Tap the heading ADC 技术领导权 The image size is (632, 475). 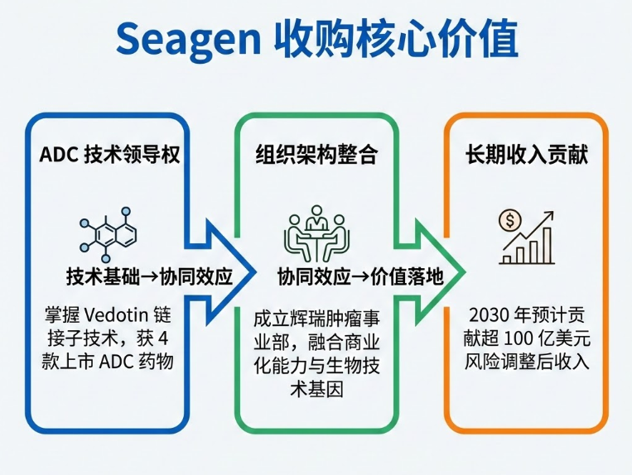pos(109,155)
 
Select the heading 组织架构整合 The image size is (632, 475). pos(316,155)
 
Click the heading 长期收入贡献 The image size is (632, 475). pos(527,155)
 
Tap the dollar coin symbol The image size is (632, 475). pos(510,220)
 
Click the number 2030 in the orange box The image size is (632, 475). pos(489,315)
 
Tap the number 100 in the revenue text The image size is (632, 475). pos(510,338)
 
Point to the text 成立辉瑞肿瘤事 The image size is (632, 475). pos(316,318)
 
